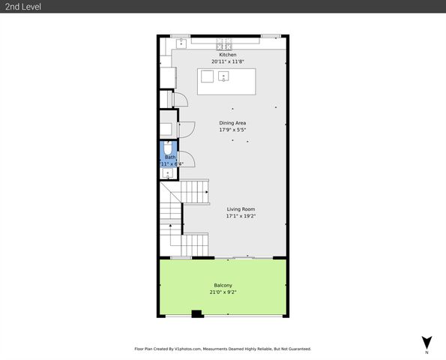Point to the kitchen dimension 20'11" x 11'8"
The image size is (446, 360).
227,62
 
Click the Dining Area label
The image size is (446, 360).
232,123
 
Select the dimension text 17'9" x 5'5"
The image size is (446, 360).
232,130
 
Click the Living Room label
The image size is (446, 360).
241,209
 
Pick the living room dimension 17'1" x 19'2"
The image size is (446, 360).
241,216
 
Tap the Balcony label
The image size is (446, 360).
223,285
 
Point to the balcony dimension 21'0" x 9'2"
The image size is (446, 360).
223,292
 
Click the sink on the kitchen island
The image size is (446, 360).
223,76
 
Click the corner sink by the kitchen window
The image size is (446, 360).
180,43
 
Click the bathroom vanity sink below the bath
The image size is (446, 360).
166,173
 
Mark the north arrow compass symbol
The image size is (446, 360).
426,341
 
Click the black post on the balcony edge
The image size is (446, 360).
196,314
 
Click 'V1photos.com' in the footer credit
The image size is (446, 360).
196,349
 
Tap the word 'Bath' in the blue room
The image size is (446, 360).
170,157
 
